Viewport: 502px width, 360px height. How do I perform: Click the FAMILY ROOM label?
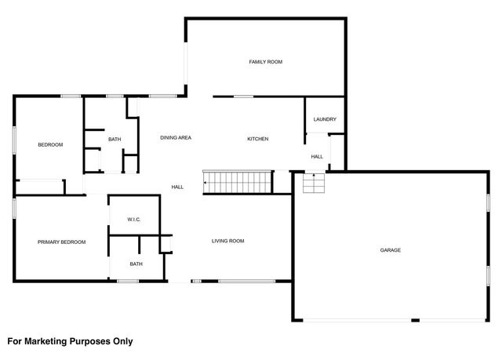(265, 62)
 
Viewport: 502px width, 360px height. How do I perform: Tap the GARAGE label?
(391, 250)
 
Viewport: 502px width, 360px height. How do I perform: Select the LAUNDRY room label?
(325, 120)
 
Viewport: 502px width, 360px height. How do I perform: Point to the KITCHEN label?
(258, 139)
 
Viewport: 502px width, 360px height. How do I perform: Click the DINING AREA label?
(176, 138)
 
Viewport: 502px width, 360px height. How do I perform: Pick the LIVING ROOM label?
(227, 241)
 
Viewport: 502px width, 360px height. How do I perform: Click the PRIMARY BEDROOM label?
(61, 242)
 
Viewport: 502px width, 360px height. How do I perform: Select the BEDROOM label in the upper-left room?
(50, 145)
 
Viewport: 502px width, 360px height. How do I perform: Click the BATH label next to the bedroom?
(115, 140)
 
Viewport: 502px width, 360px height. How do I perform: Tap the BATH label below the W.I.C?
(136, 264)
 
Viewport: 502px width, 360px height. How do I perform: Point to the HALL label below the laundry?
(317, 157)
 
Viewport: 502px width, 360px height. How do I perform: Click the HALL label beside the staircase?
(177, 187)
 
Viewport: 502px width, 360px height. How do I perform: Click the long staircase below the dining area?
(238, 183)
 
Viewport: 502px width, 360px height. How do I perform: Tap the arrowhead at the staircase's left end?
(206, 184)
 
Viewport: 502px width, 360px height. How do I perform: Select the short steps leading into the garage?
(314, 184)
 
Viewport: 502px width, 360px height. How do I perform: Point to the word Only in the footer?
(122, 341)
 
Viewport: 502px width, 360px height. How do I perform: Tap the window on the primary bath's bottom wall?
(128, 280)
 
